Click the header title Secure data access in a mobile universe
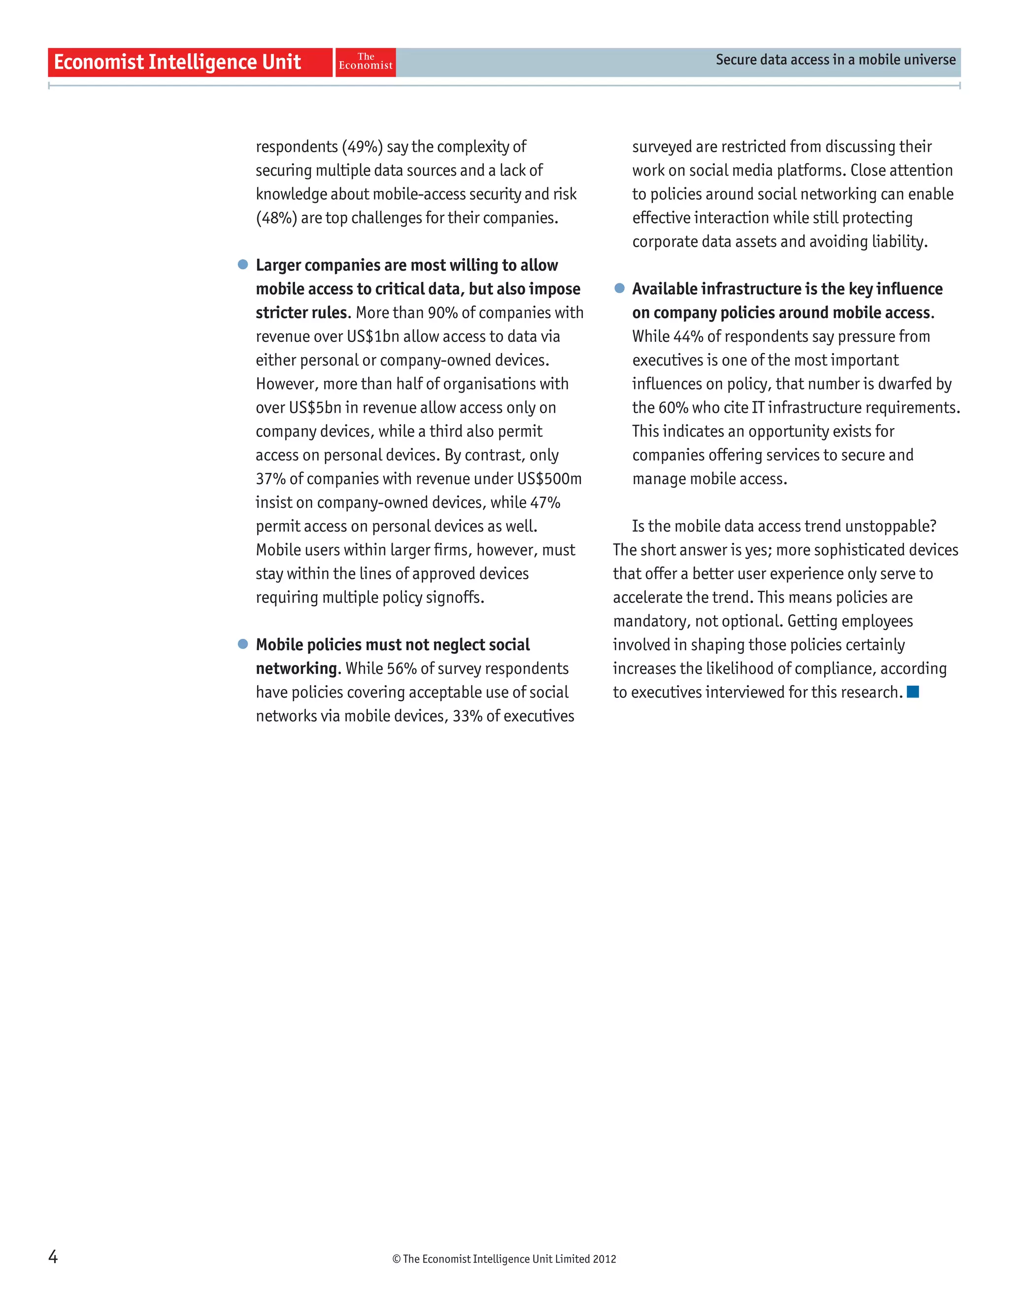[x=835, y=60]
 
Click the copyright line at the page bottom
[x=504, y=1259]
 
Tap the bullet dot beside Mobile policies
[x=243, y=644]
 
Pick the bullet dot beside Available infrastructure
[x=619, y=288]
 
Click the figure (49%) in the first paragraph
[x=362, y=147]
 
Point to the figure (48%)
[x=276, y=218]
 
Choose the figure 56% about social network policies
[x=402, y=668]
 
